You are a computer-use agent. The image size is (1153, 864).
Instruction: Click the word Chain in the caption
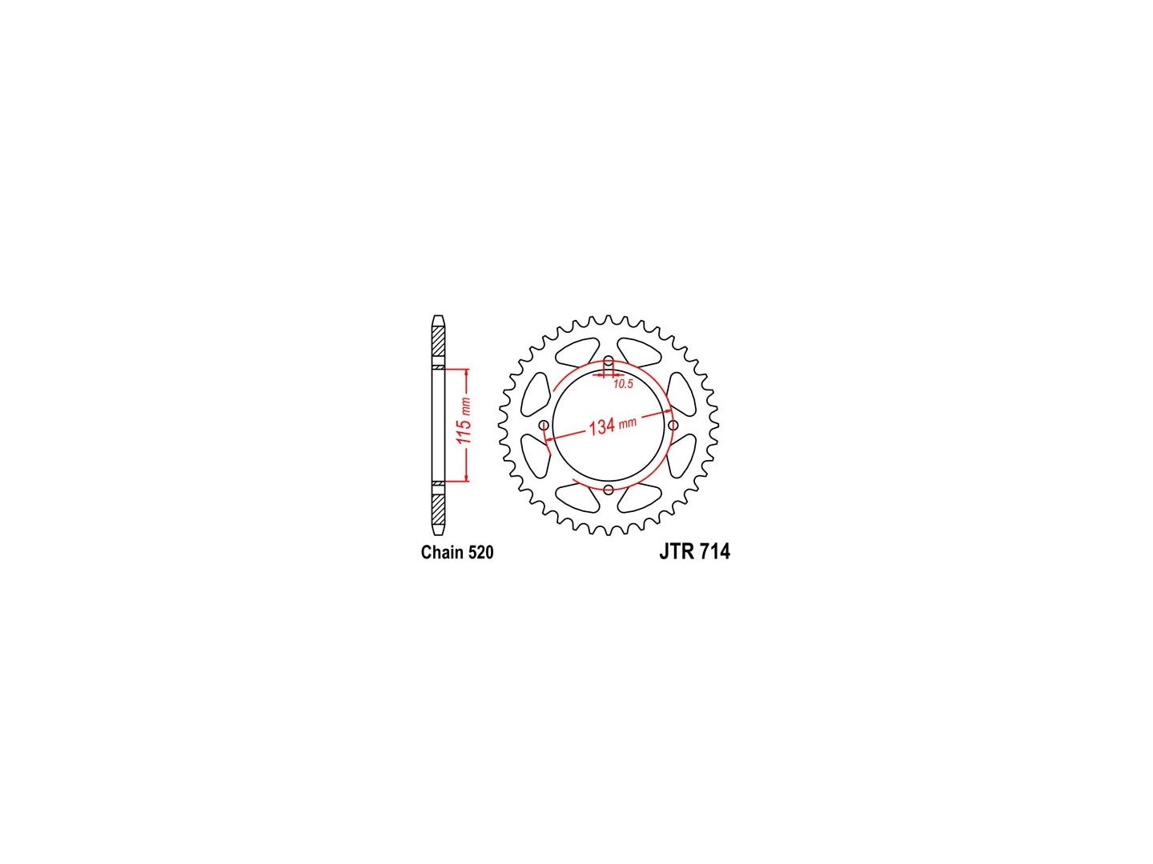[x=442, y=552]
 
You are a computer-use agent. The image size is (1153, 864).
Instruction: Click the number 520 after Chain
[x=480, y=552]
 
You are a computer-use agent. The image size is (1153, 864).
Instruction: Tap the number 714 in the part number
[x=715, y=552]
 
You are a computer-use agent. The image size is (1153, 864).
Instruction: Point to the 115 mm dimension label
[x=464, y=421]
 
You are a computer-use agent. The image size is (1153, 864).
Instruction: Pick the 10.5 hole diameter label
[x=624, y=384]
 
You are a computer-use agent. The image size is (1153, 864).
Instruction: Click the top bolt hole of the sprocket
[x=609, y=361]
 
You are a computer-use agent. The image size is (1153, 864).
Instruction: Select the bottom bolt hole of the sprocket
[x=609, y=490]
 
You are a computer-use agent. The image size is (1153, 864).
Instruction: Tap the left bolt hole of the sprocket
[x=544, y=425]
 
